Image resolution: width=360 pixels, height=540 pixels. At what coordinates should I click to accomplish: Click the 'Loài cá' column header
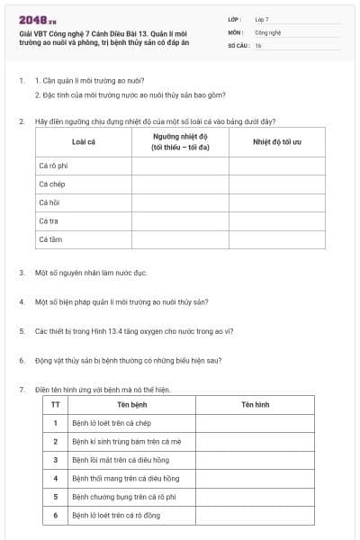click(84, 141)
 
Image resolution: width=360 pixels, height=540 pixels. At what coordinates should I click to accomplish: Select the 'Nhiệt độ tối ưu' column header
click(276, 141)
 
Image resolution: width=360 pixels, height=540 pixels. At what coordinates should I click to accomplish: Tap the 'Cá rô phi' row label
click(54, 166)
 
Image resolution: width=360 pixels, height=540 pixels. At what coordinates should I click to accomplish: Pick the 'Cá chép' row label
click(52, 184)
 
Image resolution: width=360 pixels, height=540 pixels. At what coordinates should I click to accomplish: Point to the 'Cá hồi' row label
click(49, 203)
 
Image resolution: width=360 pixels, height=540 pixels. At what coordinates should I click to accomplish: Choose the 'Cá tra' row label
click(49, 221)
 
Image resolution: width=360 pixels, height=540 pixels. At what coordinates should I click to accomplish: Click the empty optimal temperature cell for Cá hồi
click(276, 203)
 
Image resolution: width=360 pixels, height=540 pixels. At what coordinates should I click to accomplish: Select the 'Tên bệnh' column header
click(131, 405)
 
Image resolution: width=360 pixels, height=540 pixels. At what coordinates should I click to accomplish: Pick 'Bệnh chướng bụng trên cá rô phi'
click(123, 497)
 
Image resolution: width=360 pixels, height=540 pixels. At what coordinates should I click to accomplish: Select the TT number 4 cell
click(56, 478)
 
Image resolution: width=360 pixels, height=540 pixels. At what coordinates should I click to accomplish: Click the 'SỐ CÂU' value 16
click(258, 45)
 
